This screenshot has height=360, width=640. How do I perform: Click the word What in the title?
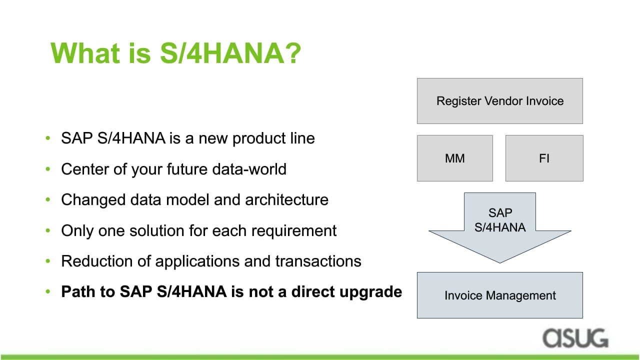(85, 53)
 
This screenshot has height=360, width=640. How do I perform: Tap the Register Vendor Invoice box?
(499, 101)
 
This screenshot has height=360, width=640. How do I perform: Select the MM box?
(455, 158)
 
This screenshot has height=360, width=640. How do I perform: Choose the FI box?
(544, 158)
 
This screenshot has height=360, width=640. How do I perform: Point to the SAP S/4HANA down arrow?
(499, 225)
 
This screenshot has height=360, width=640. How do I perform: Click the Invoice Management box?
(499, 295)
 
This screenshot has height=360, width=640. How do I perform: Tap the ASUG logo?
(575, 338)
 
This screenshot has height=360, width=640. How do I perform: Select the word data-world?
(249, 169)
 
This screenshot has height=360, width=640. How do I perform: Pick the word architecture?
(286, 199)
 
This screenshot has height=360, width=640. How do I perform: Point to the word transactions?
(318, 261)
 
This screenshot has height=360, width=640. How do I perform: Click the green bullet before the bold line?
(47, 291)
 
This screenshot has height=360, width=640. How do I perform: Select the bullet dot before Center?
(47, 169)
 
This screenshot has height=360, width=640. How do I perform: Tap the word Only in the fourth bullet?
(77, 231)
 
